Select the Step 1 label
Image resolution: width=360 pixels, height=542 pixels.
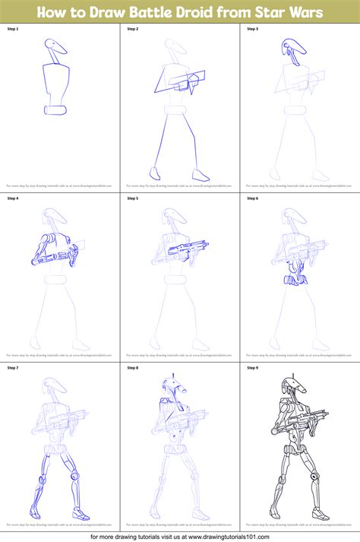click(12, 29)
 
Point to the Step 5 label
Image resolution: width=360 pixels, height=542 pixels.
click(132, 198)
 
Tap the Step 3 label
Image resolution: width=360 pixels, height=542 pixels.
click(252, 29)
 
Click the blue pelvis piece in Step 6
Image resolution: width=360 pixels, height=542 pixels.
click(293, 281)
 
